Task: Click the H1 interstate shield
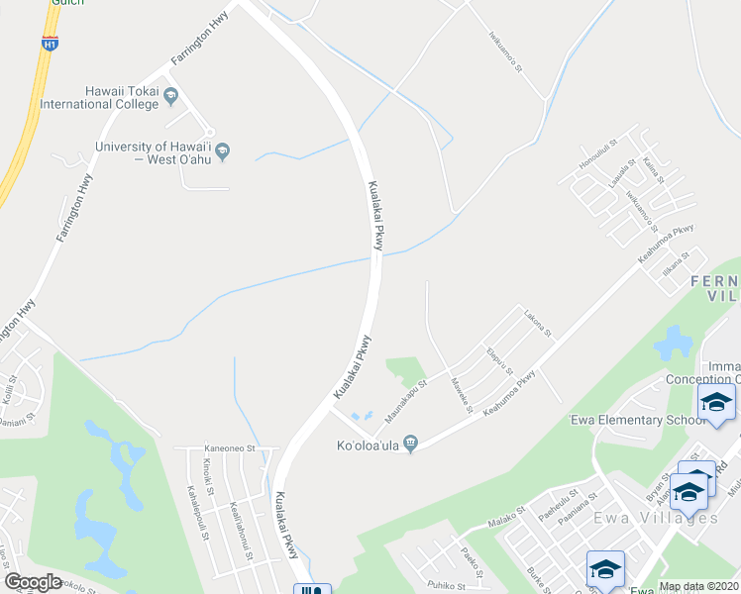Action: pyautogui.click(x=51, y=43)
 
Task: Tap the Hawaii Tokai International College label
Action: pyautogui.click(x=101, y=96)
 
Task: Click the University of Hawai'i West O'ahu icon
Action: pyautogui.click(x=223, y=151)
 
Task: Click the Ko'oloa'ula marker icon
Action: pyautogui.click(x=411, y=443)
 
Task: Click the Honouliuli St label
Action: pyautogui.click(x=598, y=159)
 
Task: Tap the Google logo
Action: pyautogui.click(x=33, y=582)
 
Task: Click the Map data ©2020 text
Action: pyautogui.click(x=697, y=586)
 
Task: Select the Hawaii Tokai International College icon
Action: pyautogui.click(x=170, y=96)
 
